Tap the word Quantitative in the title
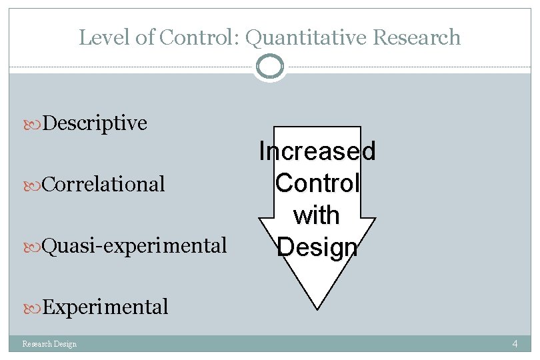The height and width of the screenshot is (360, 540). (x=307, y=37)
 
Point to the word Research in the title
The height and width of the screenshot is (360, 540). (x=417, y=37)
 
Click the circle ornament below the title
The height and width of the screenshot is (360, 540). (x=270, y=66)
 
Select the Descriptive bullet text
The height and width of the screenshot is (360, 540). (x=95, y=123)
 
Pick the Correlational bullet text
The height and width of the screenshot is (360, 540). (x=103, y=184)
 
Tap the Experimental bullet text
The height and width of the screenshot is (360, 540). (x=105, y=307)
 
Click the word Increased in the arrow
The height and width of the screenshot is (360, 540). (x=317, y=151)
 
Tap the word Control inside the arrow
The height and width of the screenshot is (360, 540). (x=317, y=183)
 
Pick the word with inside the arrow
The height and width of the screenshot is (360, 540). (x=317, y=215)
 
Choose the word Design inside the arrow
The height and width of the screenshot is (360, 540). (x=317, y=247)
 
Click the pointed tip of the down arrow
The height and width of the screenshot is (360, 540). (x=317, y=307)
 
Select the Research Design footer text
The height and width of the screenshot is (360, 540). (x=49, y=344)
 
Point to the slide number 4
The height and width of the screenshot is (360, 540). (x=515, y=344)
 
